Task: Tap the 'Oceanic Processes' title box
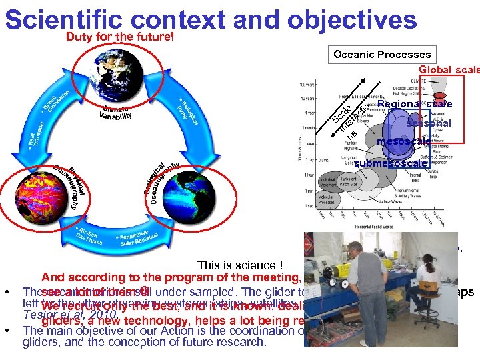(x=382, y=55)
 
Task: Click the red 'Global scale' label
(x=449, y=69)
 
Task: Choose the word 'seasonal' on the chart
(x=428, y=123)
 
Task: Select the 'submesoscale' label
(x=391, y=163)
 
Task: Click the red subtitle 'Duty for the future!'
(x=120, y=37)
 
